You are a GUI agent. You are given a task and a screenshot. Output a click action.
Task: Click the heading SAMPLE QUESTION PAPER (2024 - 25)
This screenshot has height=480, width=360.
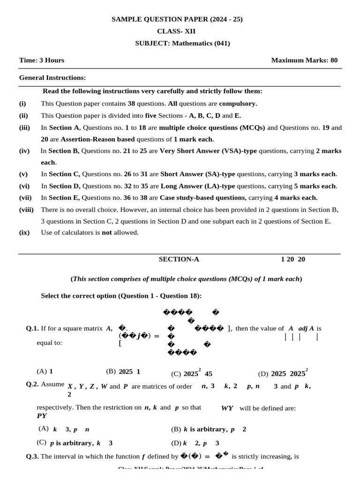(177, 19)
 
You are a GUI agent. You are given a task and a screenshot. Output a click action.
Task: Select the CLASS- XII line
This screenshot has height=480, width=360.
(177, 31)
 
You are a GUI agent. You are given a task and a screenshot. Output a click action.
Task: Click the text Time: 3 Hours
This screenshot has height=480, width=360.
(42, 60)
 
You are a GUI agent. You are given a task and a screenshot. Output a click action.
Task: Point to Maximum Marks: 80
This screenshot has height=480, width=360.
(304, 60)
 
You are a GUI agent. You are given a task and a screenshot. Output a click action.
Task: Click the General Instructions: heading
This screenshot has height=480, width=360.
(52, 77)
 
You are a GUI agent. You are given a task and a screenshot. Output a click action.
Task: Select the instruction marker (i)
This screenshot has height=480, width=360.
(22, 103)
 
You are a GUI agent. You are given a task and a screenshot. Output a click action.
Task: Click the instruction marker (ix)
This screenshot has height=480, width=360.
(23, 232)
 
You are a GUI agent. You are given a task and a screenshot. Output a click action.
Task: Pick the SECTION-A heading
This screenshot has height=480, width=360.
(179, 259)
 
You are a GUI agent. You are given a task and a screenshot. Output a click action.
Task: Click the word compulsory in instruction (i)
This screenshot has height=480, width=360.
(238, 103)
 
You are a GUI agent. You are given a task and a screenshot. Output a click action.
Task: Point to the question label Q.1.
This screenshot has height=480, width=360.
(32, 329)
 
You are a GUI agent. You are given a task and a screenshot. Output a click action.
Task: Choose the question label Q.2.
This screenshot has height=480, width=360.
(32, 384)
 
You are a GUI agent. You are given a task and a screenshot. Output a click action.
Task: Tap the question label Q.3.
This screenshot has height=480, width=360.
(32, 456)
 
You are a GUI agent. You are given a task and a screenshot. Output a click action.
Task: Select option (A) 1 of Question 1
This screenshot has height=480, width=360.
(45, 371)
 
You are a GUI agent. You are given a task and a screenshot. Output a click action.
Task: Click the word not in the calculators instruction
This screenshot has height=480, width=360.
(107, 232)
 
